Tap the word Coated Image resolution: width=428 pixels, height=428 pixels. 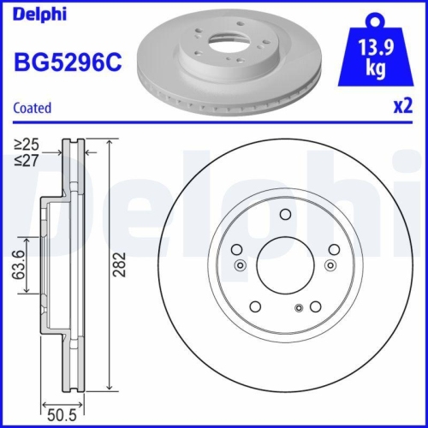coord(33,108)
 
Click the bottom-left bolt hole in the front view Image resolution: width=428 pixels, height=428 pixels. coord(254,306)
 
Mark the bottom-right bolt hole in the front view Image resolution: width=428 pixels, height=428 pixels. coord(315,306)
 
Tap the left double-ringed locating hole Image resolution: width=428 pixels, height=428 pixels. coord(240,265)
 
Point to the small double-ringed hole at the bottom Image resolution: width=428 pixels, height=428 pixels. coord(297,308)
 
